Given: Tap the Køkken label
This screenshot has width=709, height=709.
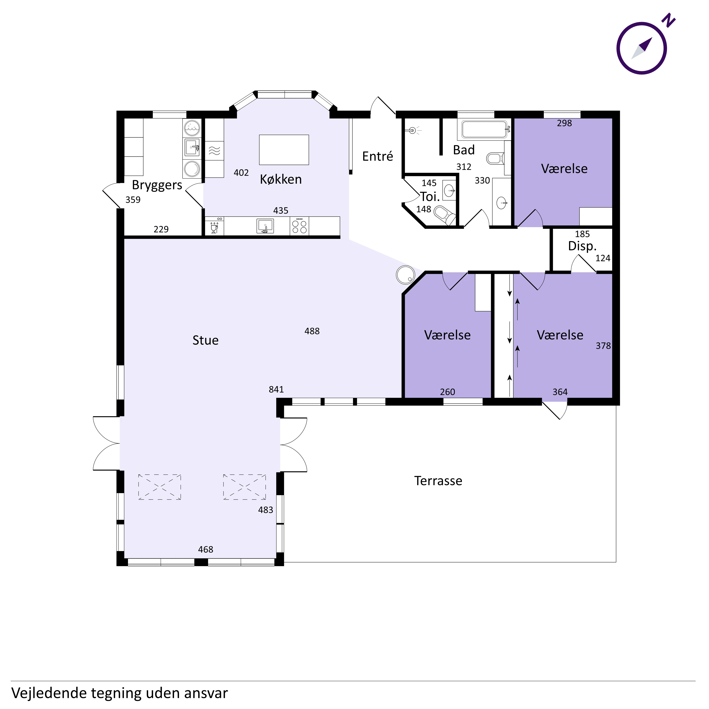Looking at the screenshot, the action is pos(281,179).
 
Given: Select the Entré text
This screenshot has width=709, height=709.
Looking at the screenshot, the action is pos(378,156).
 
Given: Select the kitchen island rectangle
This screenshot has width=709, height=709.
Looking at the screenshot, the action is pos(284,150).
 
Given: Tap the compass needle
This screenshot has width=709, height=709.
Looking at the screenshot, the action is pos(642,48).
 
